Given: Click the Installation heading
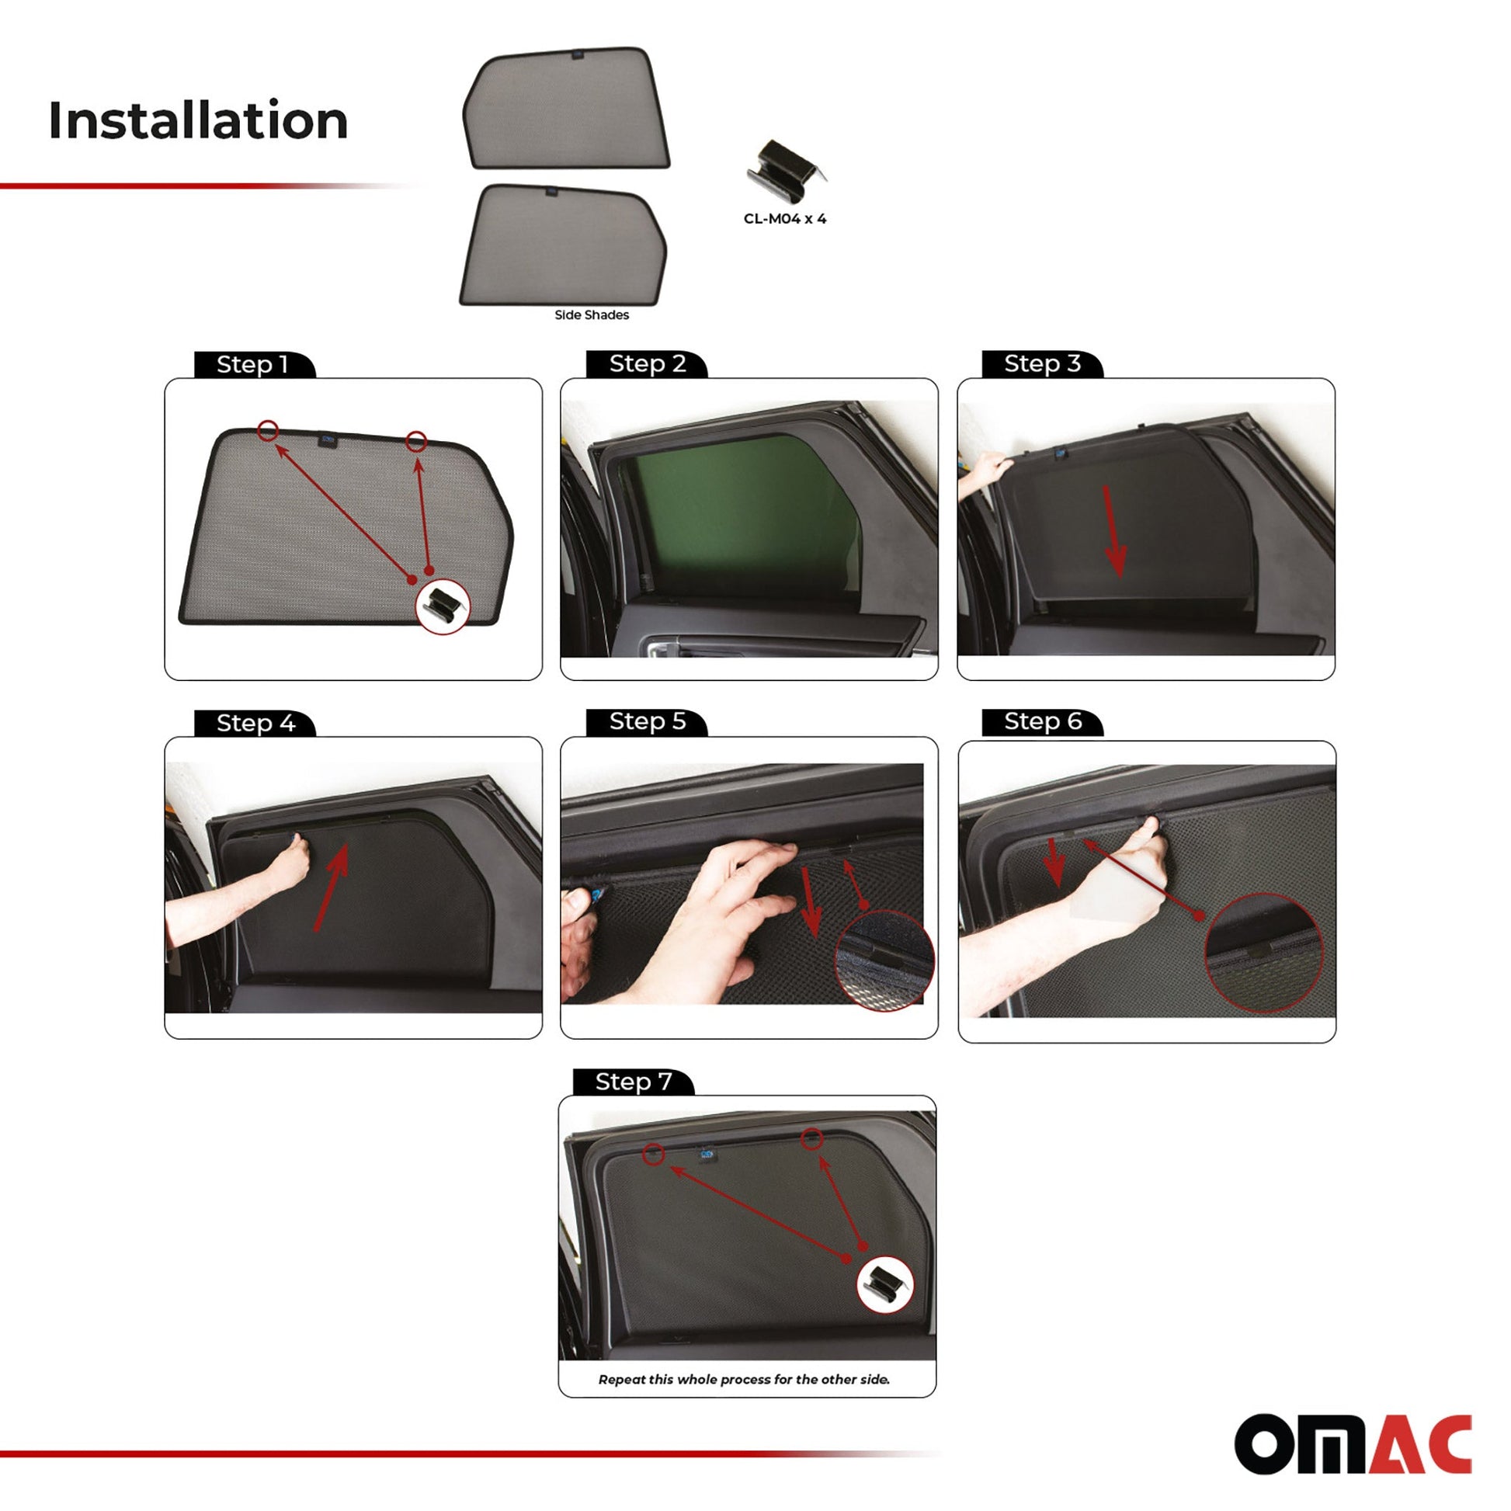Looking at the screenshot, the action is [x=198, y=120].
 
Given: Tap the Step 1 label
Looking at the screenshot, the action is [x=252, y=364].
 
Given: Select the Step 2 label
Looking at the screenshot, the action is [x=648, y=363].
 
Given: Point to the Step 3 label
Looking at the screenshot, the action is [x=1043, y=363].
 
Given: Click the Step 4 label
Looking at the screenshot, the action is [x=255, y=723].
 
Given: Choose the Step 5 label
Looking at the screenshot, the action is [x=648, y=721].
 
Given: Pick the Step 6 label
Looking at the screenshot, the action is [x=1044, y=721].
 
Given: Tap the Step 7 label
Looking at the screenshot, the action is [x=634, y=1082].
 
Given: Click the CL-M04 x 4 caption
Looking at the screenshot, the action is [x=784, y=219].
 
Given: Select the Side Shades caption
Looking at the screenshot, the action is [x=591, y=314].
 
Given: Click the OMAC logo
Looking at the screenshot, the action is [x=1353, y=1443].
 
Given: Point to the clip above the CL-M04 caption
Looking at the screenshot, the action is [x=785, y=171].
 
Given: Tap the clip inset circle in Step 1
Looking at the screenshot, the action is [x=443, y=607].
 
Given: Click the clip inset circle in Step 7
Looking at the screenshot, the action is [x=884, y=1284].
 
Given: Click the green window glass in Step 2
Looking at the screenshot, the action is [x=743, y=516].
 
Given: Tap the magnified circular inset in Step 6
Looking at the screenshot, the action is [x=1264, y=953].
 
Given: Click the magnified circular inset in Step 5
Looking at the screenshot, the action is [x=884, y=960].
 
